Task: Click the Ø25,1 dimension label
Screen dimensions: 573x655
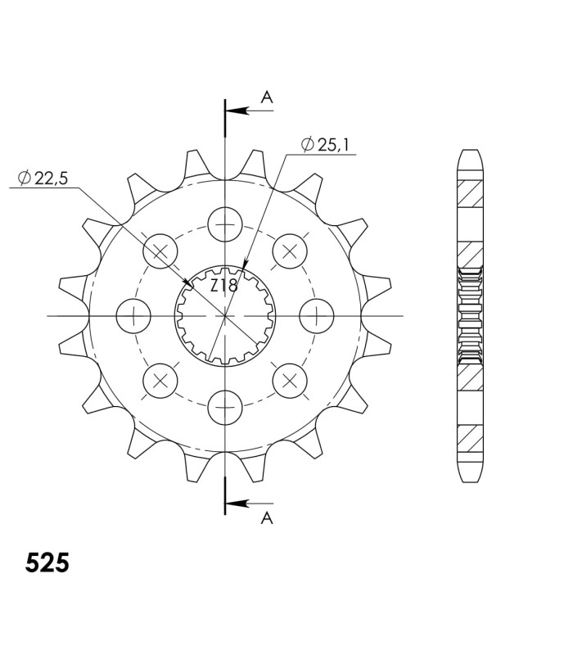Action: pyautogui.click(x=324, y=145)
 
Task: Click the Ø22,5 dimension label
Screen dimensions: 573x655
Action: pyautogui.click(x=43, y=178)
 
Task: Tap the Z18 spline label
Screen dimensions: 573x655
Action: pyautogui.click(x=223, y=286)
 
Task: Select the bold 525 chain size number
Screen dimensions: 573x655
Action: pyautogui.click(x=47, y=563)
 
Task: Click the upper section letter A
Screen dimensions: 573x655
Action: pyautogui.click(x=267, y=97)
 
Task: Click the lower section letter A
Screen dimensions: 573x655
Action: pyautogui.click(x=267, y=518)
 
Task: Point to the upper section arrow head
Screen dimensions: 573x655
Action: pyautogui.click(x=236, y=111)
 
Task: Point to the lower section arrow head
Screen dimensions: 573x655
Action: pyautogui.click(x=236, y=503)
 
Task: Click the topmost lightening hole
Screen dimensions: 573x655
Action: pyautogui.click(x=225, y=224)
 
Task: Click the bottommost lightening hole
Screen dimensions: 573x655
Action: pyautogui.click(x=225, y=407)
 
